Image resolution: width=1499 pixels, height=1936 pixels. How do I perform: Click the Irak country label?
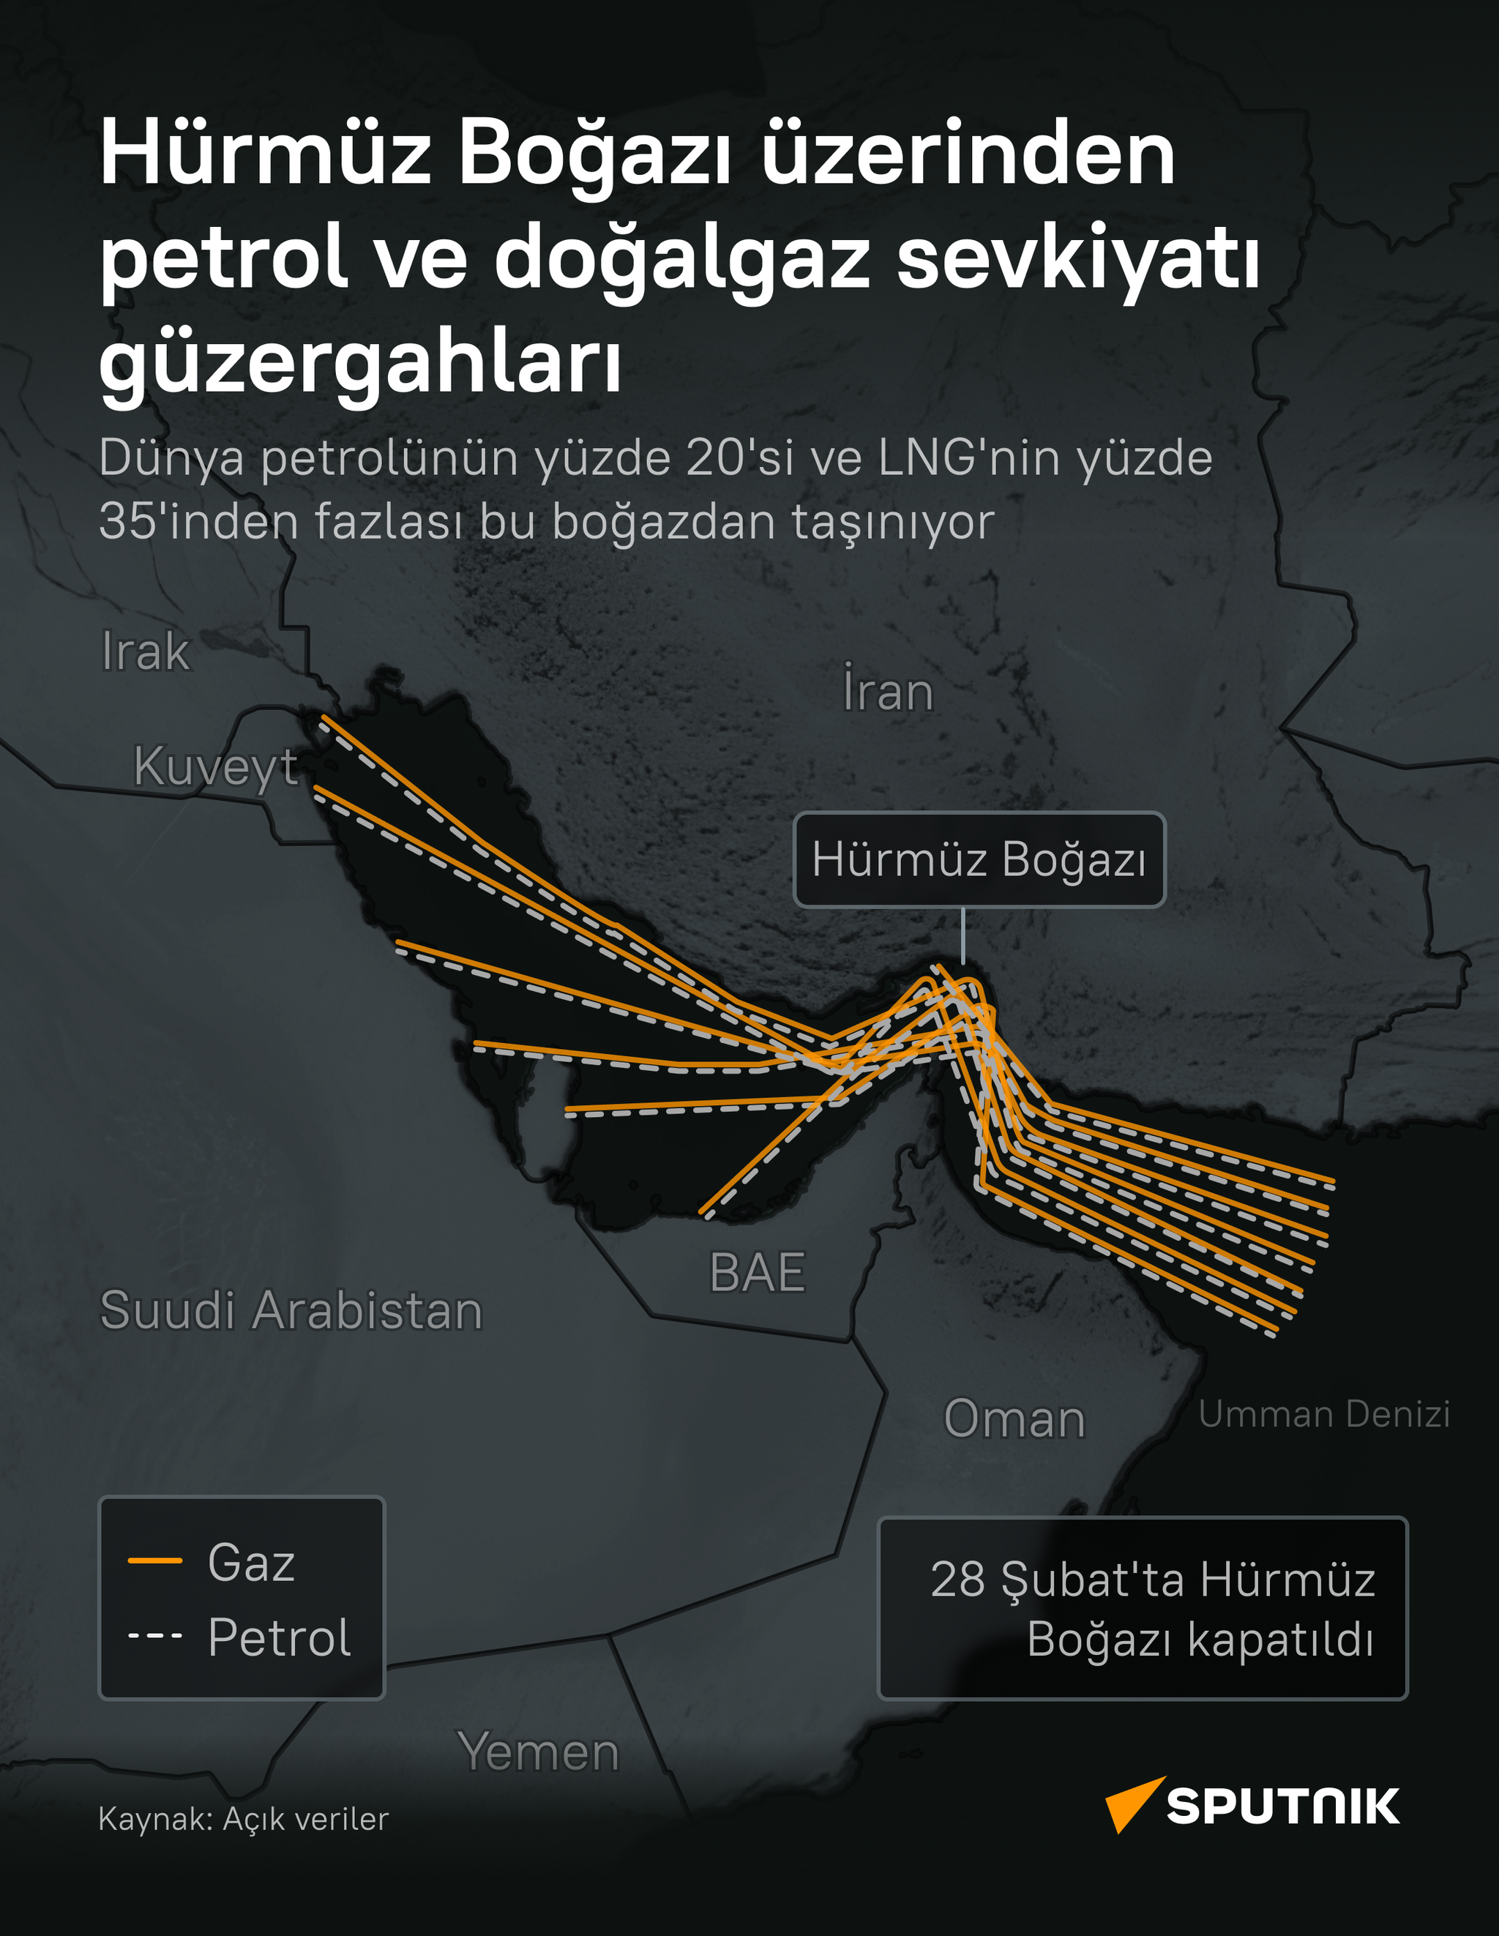click(146, 652)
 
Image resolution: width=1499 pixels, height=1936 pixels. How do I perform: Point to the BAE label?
click(757, 1273)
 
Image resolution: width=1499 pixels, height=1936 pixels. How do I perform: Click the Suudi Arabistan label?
click(291, 1310)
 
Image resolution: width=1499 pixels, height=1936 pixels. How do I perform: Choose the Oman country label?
click(1014, 1419)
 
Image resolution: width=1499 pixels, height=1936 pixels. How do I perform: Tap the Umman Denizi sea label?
click(1323, 1414)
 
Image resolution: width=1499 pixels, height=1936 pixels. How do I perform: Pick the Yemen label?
click(538, 1752)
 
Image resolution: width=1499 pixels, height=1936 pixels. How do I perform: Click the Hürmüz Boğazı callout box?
click(979, 860)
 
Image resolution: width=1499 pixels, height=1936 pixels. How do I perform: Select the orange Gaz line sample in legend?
click(155, 1561)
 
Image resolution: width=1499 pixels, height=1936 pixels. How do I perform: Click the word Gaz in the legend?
click(251, 1562)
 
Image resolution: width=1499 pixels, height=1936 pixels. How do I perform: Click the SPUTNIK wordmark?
click(1282, 1806)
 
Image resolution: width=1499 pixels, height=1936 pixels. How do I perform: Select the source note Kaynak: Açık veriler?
click(243, 1819)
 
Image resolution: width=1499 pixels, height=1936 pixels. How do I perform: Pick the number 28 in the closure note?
click(957, 1579)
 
